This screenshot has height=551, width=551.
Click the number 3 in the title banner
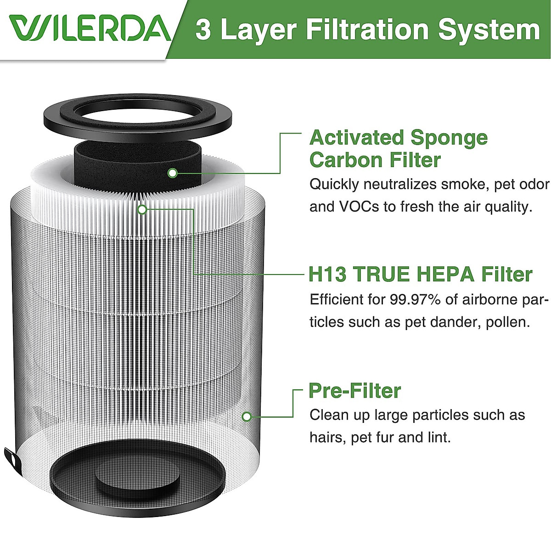203,30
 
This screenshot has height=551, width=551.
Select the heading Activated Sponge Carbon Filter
398,149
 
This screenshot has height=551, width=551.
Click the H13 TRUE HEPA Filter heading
420,274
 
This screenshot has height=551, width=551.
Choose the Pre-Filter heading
354,391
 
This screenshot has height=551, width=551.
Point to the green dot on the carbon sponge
173,173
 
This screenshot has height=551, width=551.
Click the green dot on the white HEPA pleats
142,209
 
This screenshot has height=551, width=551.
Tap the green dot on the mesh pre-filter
247,416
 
